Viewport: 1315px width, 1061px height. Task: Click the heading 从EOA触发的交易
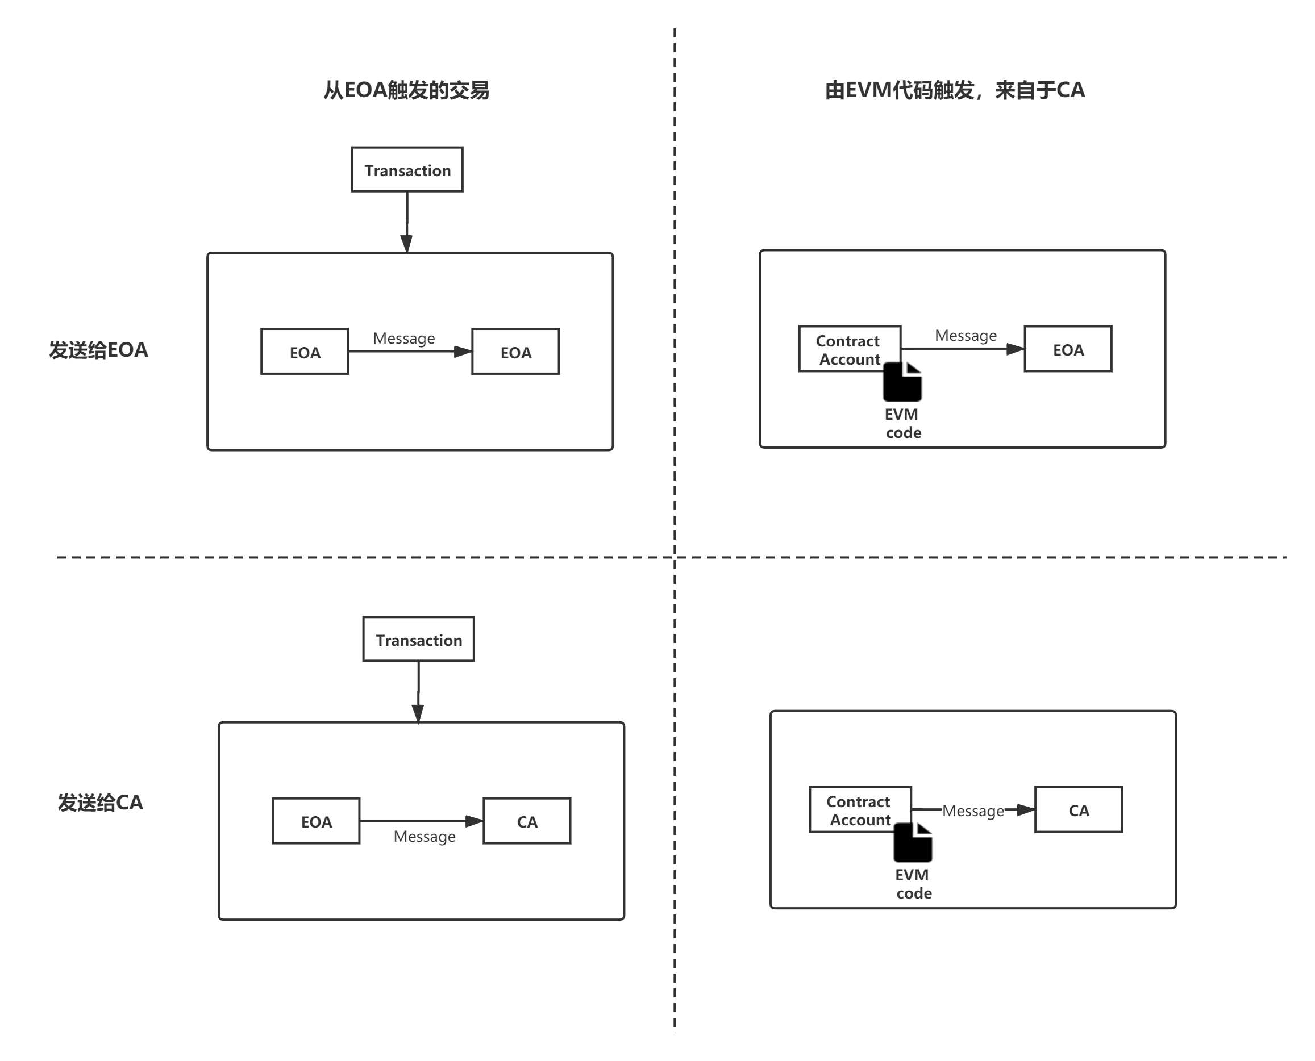coord(406,90)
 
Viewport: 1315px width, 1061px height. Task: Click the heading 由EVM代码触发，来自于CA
coord(955,90)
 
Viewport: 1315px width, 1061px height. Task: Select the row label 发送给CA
coord(100,803)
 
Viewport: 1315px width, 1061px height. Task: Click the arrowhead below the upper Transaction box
coord(406,244)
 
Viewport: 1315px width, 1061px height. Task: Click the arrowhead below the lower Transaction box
coord(418,713)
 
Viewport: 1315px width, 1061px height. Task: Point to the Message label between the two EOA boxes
coord(404,338)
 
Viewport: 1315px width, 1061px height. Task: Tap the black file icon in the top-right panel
coord(902,382)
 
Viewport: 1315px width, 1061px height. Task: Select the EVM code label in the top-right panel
coord(903,423)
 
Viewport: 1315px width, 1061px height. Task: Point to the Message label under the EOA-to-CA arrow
coord(425,836)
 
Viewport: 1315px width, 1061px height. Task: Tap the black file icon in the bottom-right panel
coord(913,843)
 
